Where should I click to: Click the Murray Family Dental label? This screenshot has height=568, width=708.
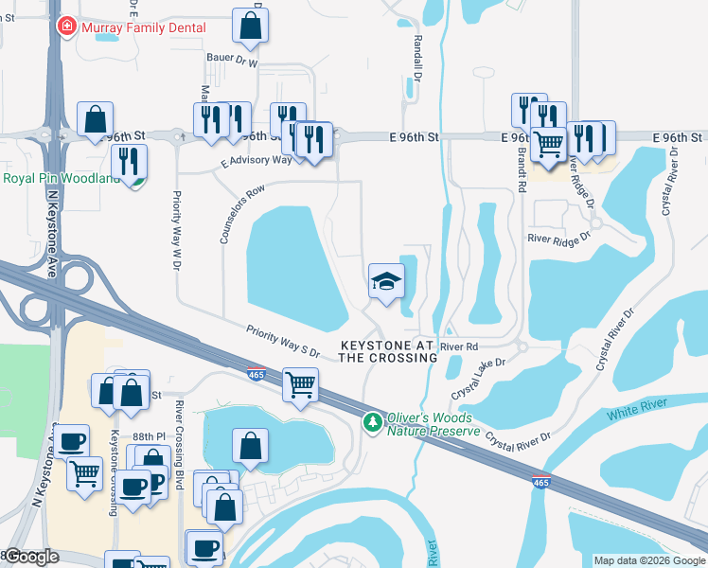point(144,27)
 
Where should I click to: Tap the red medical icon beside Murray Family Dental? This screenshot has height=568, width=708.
point(66,27)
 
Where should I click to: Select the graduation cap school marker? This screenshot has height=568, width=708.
point(386,281)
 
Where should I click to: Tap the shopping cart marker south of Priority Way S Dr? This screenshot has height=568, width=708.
point(300,384)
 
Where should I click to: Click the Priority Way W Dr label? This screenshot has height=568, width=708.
point(176,230)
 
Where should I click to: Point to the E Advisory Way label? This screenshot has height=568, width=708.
point(257,162)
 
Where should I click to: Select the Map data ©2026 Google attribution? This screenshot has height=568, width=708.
point(648,560)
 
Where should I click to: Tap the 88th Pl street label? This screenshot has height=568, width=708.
point(149,435)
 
